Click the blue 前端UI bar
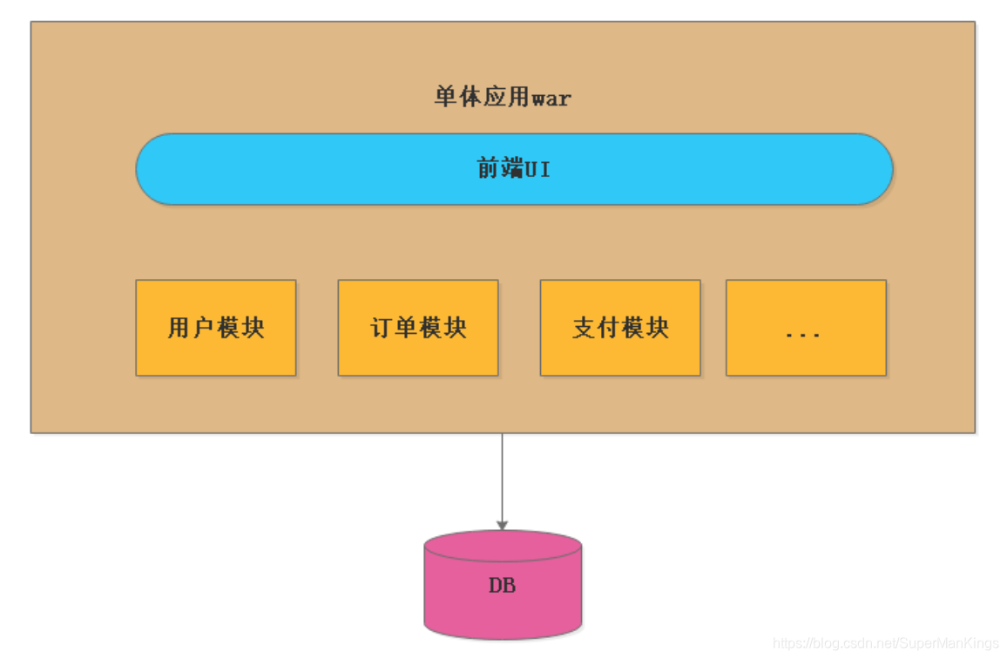514,169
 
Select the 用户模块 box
216,328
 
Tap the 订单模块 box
418,328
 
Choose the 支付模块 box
620,328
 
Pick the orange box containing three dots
806,328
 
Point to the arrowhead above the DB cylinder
502,525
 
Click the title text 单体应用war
503,97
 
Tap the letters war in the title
551,99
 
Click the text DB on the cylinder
503,586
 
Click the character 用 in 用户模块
179,328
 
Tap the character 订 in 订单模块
382,328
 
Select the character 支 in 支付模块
584,328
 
